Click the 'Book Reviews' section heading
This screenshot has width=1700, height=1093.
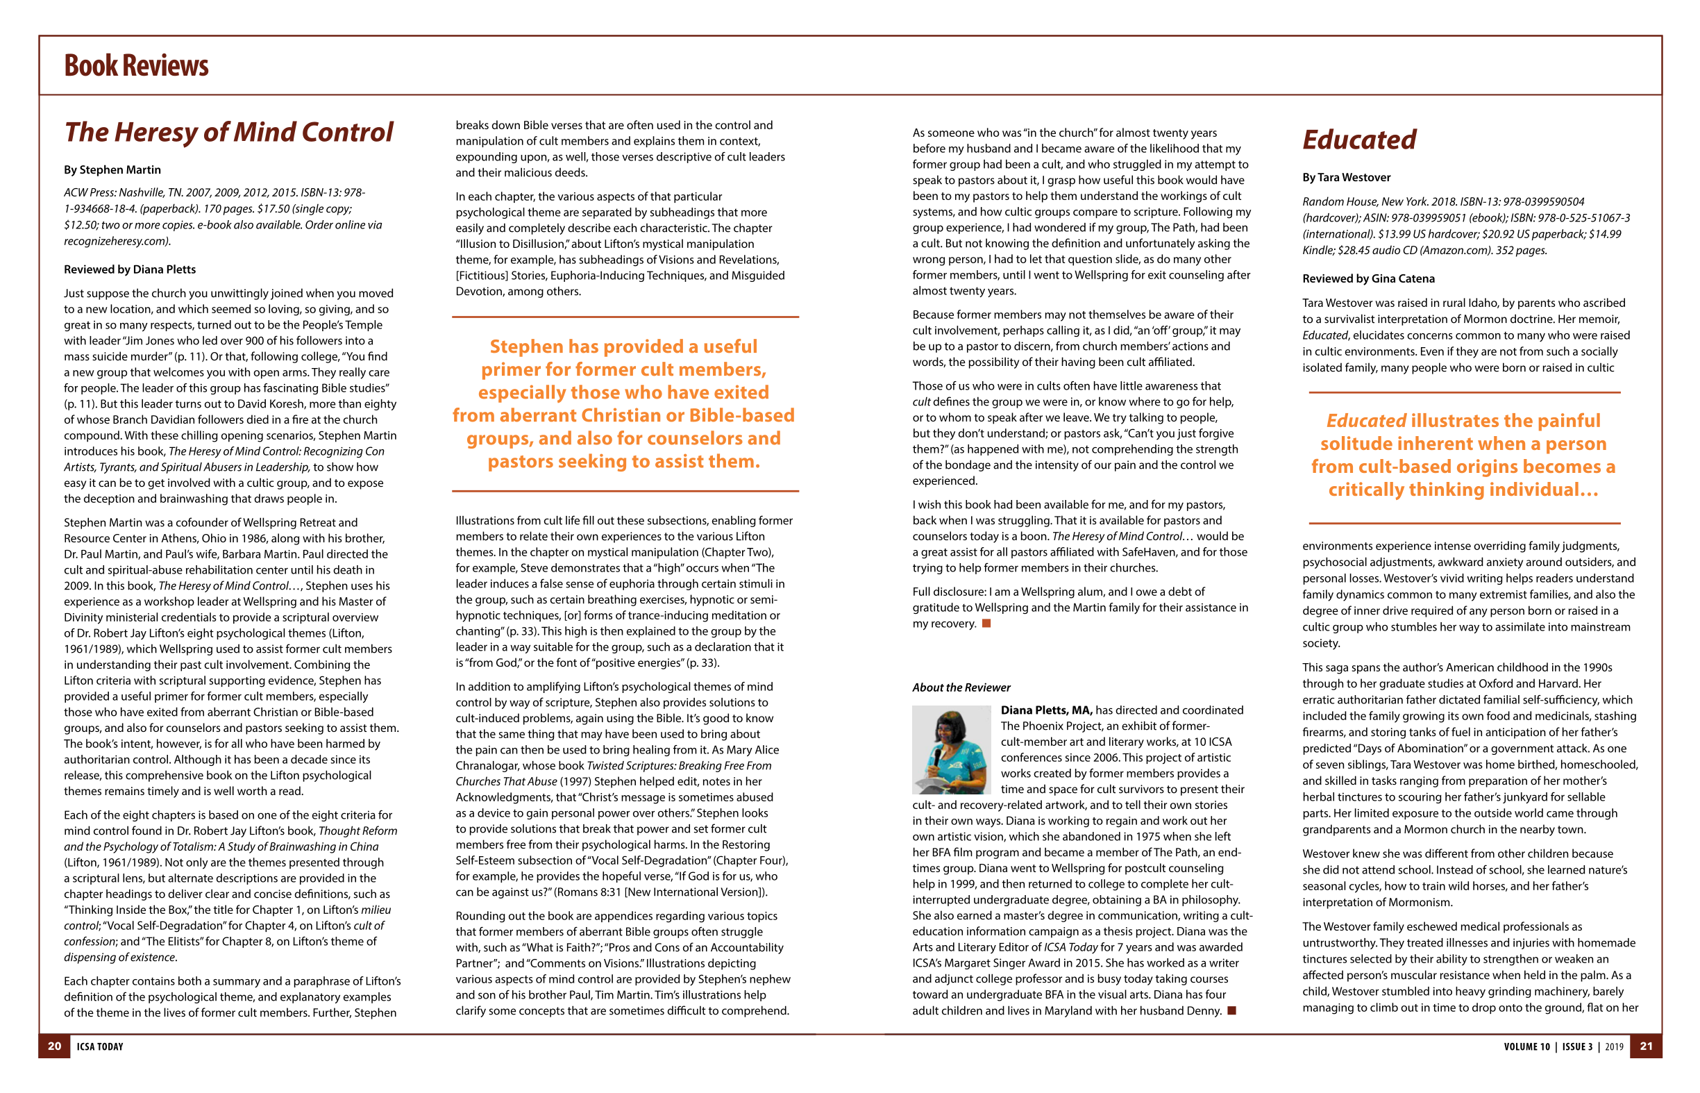136,65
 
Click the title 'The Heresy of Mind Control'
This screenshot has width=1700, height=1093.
228,132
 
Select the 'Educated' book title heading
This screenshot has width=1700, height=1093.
1358,140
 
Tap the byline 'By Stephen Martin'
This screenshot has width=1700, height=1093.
112,169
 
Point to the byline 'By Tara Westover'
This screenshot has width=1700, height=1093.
1346,178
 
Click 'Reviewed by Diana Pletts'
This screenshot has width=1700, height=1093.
130,269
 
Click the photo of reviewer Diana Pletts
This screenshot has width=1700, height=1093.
951,749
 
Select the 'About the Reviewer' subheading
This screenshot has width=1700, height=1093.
961,687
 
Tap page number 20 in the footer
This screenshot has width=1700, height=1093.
55,1046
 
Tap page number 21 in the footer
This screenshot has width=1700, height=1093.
1646,1046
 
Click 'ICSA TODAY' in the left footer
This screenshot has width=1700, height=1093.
100,1047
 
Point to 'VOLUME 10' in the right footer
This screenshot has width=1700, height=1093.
1526,1047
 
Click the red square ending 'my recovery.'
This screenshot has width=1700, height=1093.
986,624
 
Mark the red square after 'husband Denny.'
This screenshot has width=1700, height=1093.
1231,1010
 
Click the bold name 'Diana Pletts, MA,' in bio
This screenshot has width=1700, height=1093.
1046,710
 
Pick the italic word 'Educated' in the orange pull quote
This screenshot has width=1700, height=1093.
1366,421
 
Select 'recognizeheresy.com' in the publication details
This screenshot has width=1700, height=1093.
116,242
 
